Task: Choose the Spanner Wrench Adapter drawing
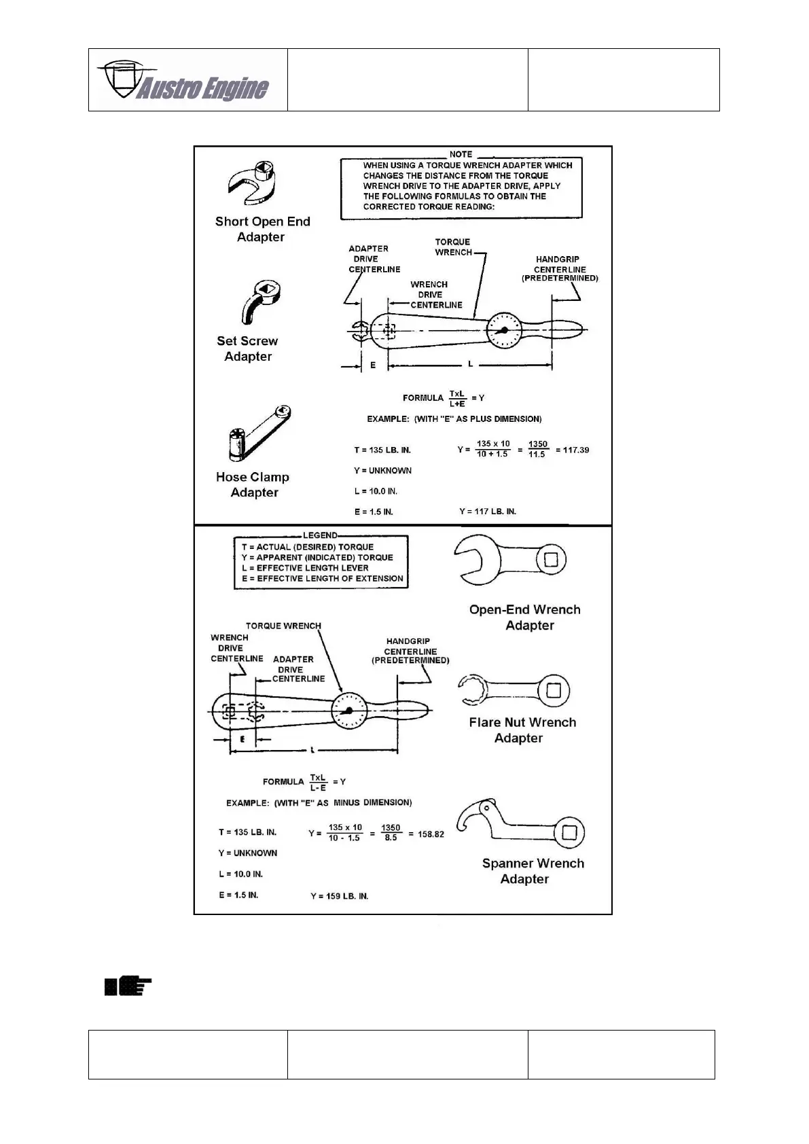tap(520, 824)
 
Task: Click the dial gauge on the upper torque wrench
tap(504, 331)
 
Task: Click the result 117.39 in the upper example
tap(572, 450)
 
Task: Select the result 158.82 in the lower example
tap(431, 834)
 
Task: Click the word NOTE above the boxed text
tap(461, 154)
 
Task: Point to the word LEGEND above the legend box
tap(320, 535)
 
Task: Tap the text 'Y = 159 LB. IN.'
tap(340, 896)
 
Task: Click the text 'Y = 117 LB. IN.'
tap(488, 511)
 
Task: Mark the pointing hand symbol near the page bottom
tap(128, 986)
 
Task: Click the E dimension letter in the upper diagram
tap(373, 365)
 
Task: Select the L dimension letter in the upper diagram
tap(470, 365)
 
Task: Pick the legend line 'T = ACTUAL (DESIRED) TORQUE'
tap(308, 547)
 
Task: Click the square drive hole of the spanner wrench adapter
tap(569, 832)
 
